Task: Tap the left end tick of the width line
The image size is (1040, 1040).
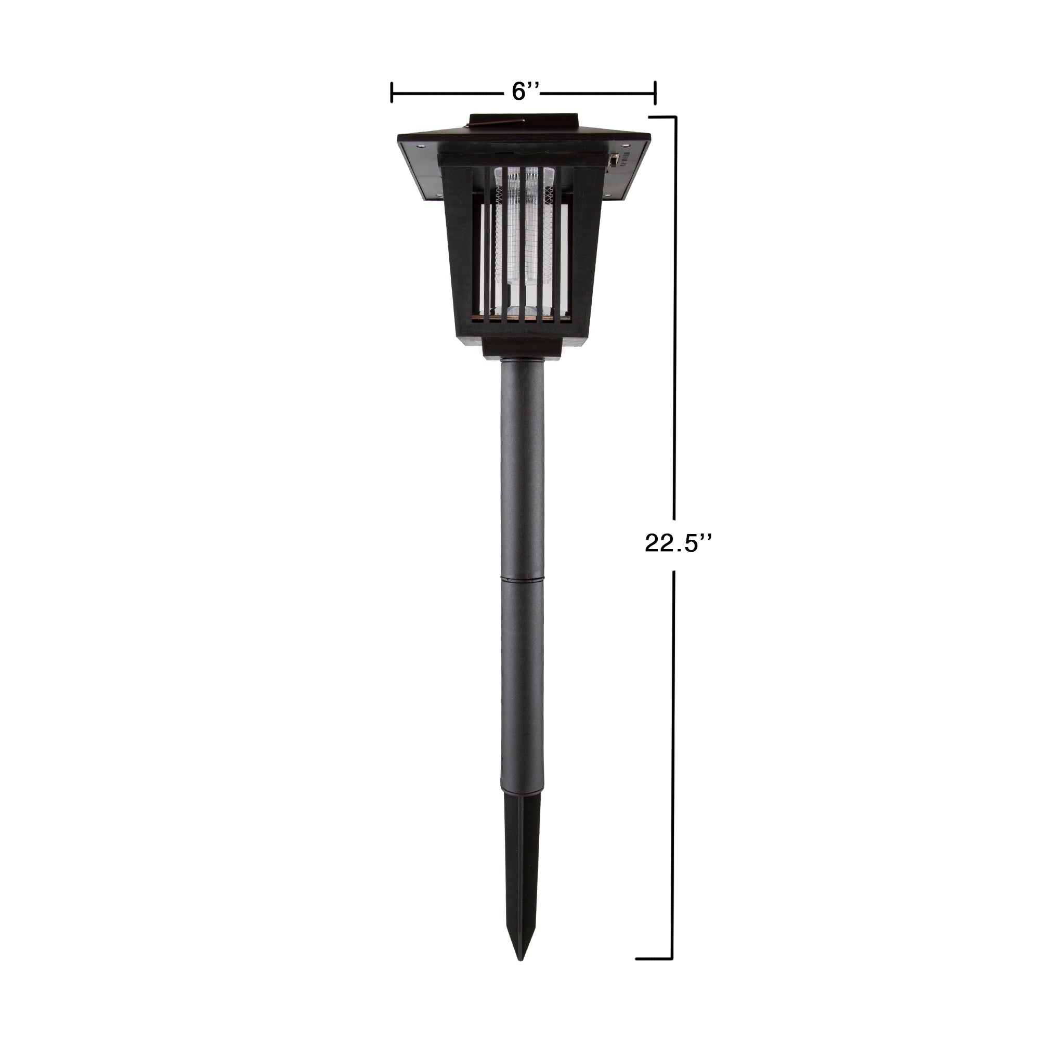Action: point(392,93)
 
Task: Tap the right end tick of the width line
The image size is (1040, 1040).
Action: point(655,93)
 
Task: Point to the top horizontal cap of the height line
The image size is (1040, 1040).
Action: point(662,117)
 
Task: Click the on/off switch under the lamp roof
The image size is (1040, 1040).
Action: point(613,160)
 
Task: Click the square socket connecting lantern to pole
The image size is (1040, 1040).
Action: point(522,349)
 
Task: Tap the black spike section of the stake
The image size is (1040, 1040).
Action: point(519,872)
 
